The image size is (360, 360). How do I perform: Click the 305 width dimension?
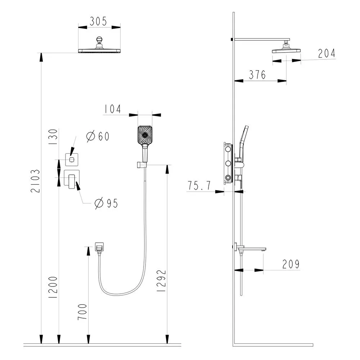tap(98, 21)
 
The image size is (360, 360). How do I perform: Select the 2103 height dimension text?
tap(36, 181)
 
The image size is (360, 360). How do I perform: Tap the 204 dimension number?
tap(327, 53)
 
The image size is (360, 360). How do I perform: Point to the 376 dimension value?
tap(257, 75)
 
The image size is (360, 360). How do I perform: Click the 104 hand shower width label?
tap(112, 109)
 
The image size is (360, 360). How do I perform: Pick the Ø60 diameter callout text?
tap(98, 136)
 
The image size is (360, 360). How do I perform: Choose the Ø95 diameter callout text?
tap(106, 203)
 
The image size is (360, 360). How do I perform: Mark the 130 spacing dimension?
tap(53, 136)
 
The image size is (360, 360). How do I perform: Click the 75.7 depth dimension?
tap(199, 185)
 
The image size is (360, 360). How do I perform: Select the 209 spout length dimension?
tap(291, 264)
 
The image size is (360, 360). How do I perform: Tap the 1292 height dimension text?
tap(161, 280)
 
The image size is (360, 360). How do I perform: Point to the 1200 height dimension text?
tap(53, 287)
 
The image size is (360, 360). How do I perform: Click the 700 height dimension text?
tap(82, 311)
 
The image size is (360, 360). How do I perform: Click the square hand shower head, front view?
tap(145, 135)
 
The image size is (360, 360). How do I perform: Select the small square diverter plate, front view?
tap(72, 159)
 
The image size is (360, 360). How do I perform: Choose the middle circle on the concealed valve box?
tap(228, 163)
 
